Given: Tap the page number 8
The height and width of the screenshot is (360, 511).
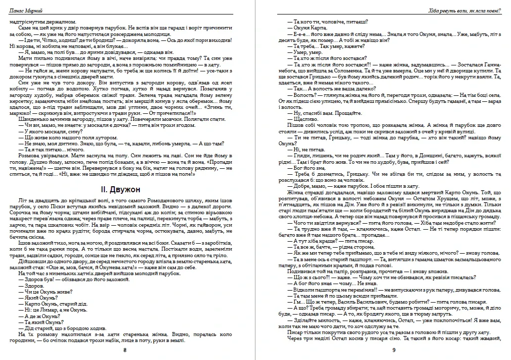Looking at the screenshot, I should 125,350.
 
